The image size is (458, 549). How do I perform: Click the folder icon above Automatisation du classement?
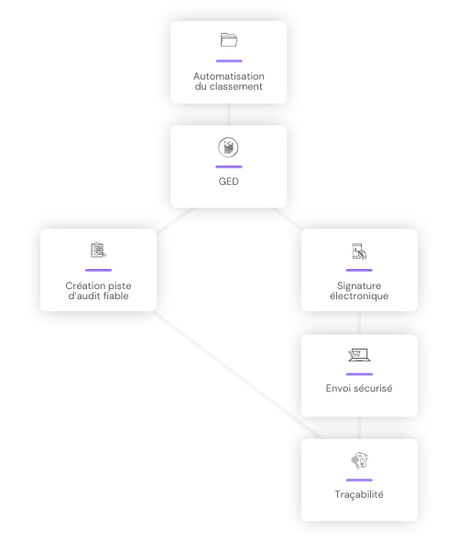tap(229, 40)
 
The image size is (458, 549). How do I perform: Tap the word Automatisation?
tap(229, 76)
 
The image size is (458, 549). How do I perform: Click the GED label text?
tap(228, 181)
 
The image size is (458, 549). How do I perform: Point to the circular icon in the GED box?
tap(228, 147)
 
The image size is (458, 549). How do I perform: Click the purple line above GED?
tap(229, 167)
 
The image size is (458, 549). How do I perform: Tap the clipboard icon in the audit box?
tap(98, 251)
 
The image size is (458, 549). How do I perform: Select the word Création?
tap(82, 285)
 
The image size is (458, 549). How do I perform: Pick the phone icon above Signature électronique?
tap(359, 252)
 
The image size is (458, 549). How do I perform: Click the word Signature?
tap(359, 285)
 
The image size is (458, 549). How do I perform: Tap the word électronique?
tap(359, 296)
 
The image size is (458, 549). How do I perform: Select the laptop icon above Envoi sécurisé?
tap(359, 355)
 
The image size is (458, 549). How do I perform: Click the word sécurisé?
tap(375, 388)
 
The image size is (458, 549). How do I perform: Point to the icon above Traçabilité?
tap(360, 461)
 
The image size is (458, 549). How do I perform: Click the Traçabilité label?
tap(359, 494)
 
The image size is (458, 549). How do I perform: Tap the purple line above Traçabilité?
tap(359, 480)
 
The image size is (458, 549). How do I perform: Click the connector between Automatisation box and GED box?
tap(229, 114)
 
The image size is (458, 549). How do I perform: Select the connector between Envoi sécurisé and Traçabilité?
tap(359, 427)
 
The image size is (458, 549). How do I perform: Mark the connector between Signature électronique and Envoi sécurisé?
tap(359, 323)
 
